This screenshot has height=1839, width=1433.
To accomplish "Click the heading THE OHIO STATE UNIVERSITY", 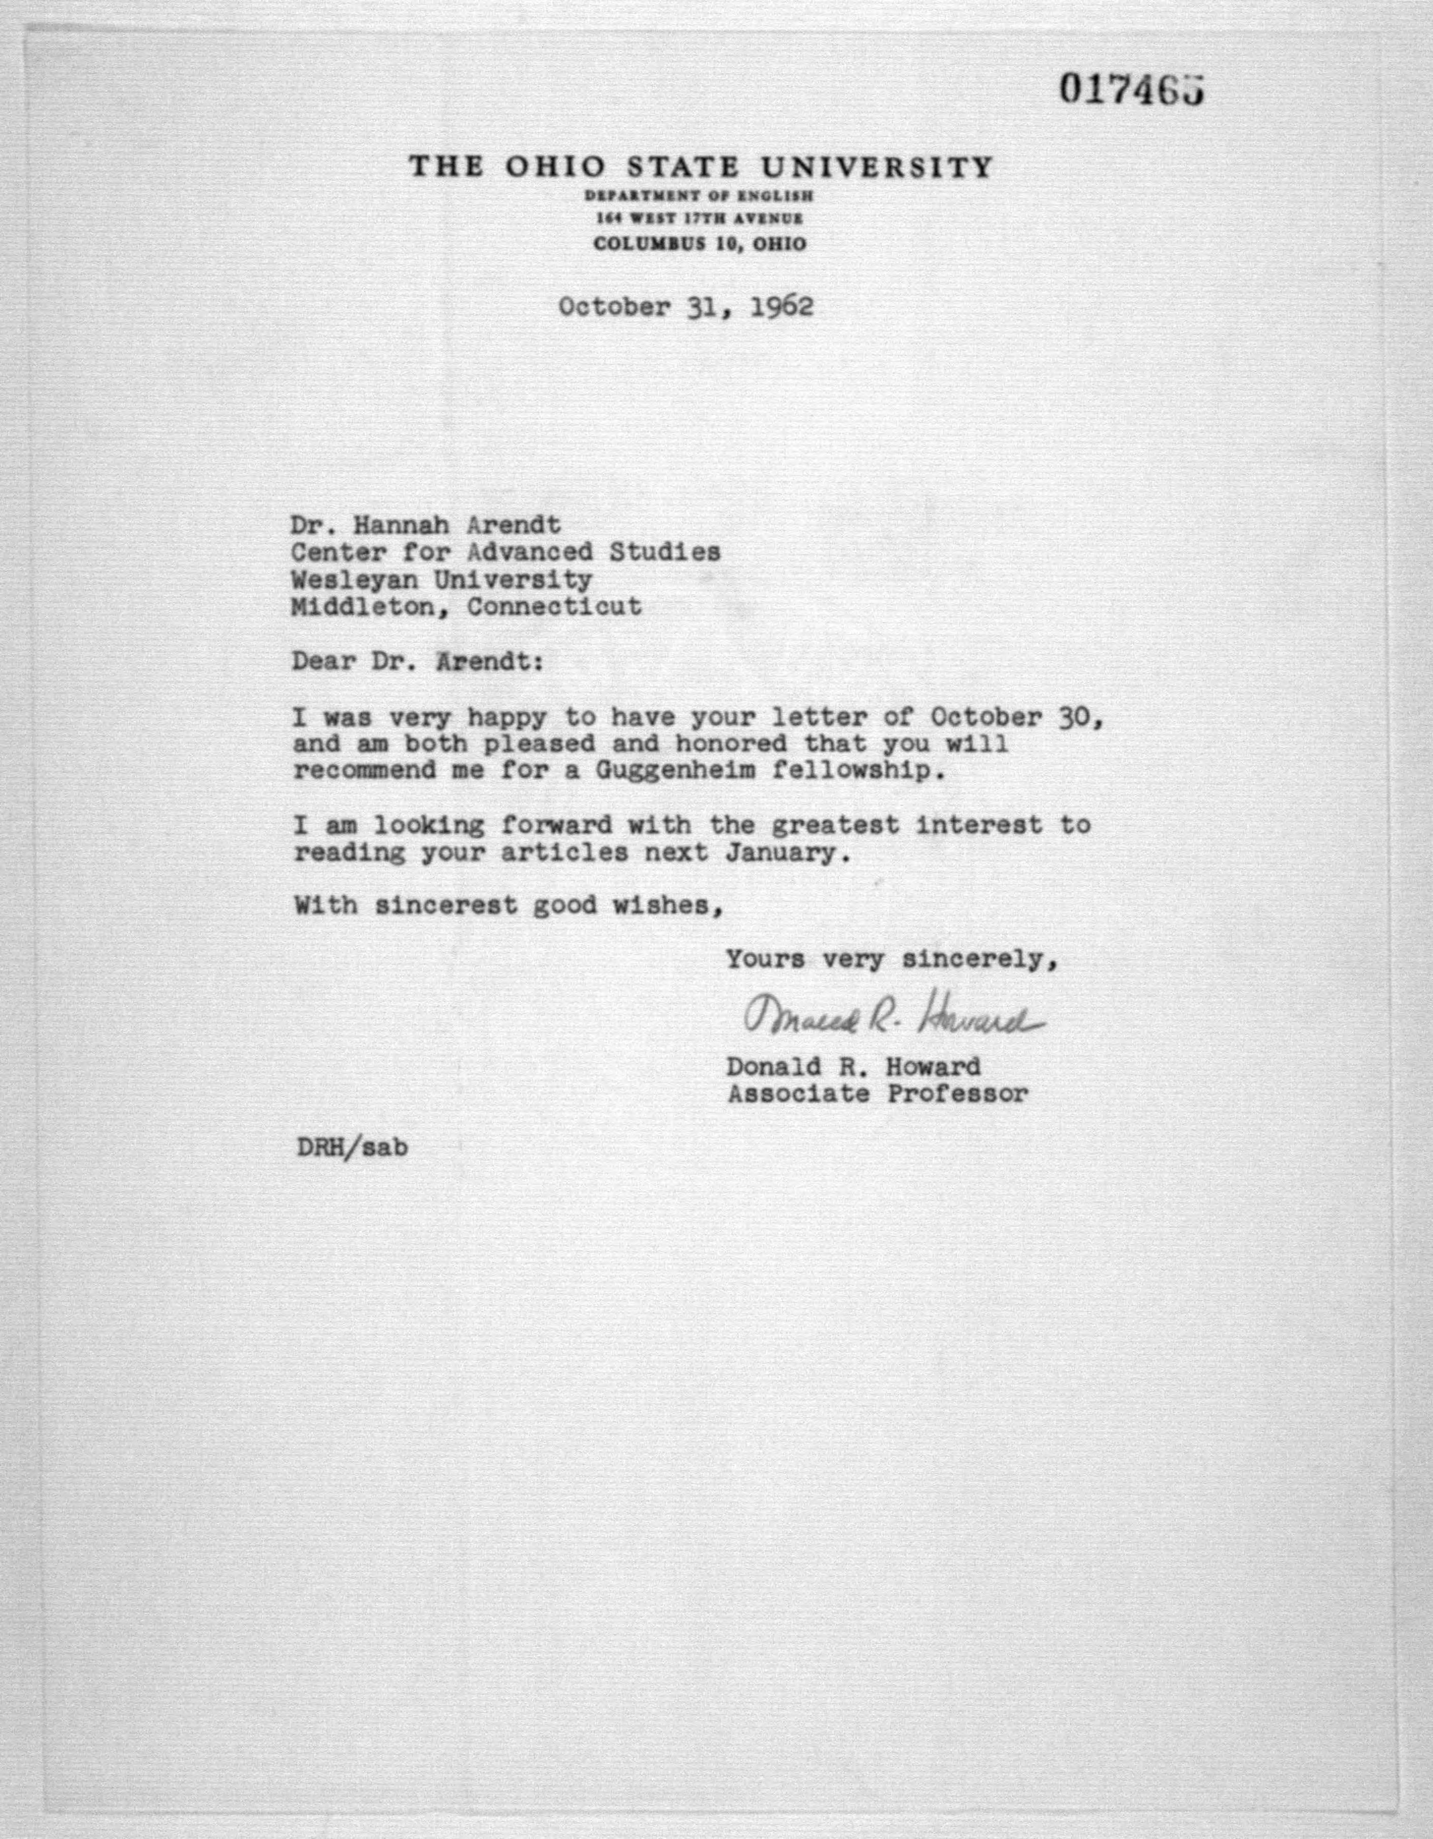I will [x=700, y=167].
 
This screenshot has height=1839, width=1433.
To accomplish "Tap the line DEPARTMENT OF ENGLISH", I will [x=699, y=196].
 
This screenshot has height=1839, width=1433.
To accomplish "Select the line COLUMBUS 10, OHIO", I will [x=699, y=244].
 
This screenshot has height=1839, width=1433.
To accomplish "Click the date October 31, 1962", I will [x=686, y=306].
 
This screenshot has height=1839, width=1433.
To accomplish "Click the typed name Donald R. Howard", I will [x=854, y=1067].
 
